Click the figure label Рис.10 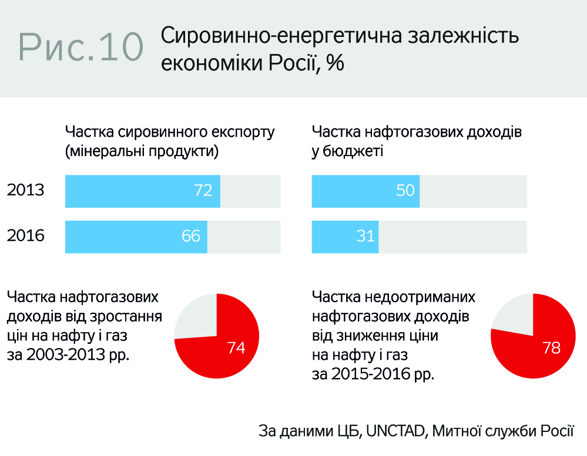coord(82,46)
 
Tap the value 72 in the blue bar coord(203,191)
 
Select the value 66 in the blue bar coord(191,236)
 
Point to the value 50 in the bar coord(405,191)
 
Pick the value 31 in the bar coord(365,236)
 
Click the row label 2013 coord(26,191)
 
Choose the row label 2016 coord(26,236)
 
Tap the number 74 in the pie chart coord(236,347)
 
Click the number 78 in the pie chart coord(551,347)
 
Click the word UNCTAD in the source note coord(395,431)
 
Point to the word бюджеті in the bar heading coord(347,151)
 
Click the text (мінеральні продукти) coord(142,151)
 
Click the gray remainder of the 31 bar coord(452,237)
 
